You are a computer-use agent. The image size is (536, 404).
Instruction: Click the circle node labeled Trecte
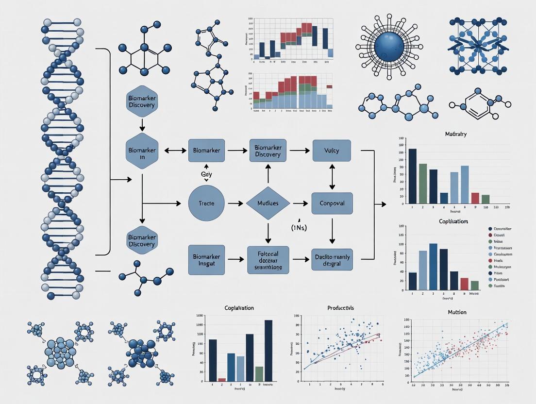coord(206,203)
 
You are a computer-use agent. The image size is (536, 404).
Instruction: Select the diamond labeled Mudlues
coord(268,203)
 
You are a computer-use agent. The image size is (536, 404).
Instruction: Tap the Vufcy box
coord(332,151)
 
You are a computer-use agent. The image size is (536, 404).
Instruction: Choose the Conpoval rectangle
coord(332,203)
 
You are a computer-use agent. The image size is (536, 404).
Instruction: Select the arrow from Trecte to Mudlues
coord(235,203)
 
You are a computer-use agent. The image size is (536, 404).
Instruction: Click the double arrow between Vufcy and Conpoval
coord(332,177)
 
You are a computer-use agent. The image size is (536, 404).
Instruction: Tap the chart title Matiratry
coord(455,134)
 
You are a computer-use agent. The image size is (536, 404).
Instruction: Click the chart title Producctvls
coord(340,308)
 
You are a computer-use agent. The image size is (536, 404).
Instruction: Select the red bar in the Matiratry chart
coord(475,198)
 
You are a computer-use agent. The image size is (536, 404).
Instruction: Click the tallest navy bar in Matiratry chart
coord(412,176)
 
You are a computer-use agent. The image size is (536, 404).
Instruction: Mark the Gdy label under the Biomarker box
coord(206,173)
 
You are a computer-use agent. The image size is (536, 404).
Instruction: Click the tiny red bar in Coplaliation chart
coord(222,379)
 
